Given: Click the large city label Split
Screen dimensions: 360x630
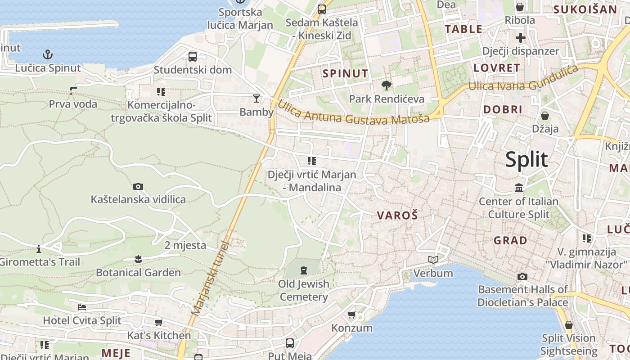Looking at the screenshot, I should (526, 160).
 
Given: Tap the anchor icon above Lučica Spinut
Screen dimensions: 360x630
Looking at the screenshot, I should (48, 55).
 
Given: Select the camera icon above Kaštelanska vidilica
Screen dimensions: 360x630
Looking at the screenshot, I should (138, 186).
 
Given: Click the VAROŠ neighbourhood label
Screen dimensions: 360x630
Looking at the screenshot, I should (397, 216).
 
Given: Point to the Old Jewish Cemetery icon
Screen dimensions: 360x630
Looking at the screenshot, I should (304, 270).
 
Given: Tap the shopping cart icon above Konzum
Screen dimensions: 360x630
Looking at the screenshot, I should (352, 315).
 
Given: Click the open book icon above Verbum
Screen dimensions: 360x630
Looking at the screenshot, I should (433, 260).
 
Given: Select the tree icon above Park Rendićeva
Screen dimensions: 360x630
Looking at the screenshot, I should (386, 85).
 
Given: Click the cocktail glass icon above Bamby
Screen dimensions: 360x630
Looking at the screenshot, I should (256, 98).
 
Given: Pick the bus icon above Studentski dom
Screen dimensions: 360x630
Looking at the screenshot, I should (193, 56).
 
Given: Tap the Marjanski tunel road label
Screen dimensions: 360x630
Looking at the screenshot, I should (210, 278).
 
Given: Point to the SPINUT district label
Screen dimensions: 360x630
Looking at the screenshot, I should (346, 73).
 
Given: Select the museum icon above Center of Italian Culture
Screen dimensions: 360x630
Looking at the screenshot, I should (519, 188).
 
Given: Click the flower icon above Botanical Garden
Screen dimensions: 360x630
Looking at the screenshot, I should (138, 259).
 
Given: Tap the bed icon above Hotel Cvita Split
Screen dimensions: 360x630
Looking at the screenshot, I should (82, 307).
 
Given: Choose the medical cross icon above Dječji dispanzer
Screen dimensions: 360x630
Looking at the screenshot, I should (521, 37).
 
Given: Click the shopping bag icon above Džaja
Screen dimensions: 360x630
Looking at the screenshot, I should (544, 116).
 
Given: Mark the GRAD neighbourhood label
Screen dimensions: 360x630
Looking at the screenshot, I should (510, 240).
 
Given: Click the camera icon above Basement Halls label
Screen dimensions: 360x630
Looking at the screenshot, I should (522, 276).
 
